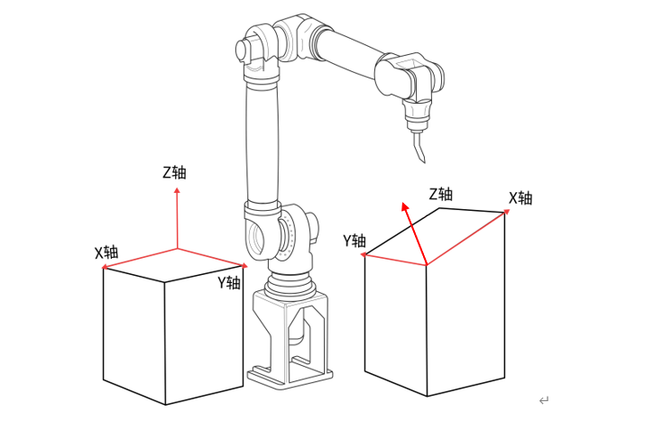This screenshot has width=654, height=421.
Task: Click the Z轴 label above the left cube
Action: (x=174, y=172)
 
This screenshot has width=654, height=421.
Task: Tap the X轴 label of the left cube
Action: (x=106, y=252)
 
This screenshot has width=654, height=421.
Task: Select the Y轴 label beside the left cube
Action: (x=229, y=282)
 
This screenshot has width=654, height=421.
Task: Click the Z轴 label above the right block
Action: (x=441, y=194)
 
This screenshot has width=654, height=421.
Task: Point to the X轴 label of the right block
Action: (x=520, y=197)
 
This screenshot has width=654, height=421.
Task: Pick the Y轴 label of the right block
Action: (x=355, y=241)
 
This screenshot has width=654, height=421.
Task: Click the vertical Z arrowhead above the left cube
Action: (x=178, y=190)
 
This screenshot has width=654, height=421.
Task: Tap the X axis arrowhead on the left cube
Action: (x=105, y=267)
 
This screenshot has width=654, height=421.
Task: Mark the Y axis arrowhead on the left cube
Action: (x=244, y=266)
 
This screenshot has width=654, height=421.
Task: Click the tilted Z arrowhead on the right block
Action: (x=405, y=206)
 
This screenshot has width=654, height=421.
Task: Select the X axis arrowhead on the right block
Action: (x=507, y=212)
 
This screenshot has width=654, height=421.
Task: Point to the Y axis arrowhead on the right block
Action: (x=364, y=254)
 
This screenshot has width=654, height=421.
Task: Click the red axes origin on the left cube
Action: (x=178, y=249)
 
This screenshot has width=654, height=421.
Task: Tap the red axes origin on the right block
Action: (x=427, y=265)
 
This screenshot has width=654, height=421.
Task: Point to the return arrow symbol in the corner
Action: (x=544, y=400)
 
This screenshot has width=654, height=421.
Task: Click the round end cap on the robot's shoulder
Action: (x=241, y=50)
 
